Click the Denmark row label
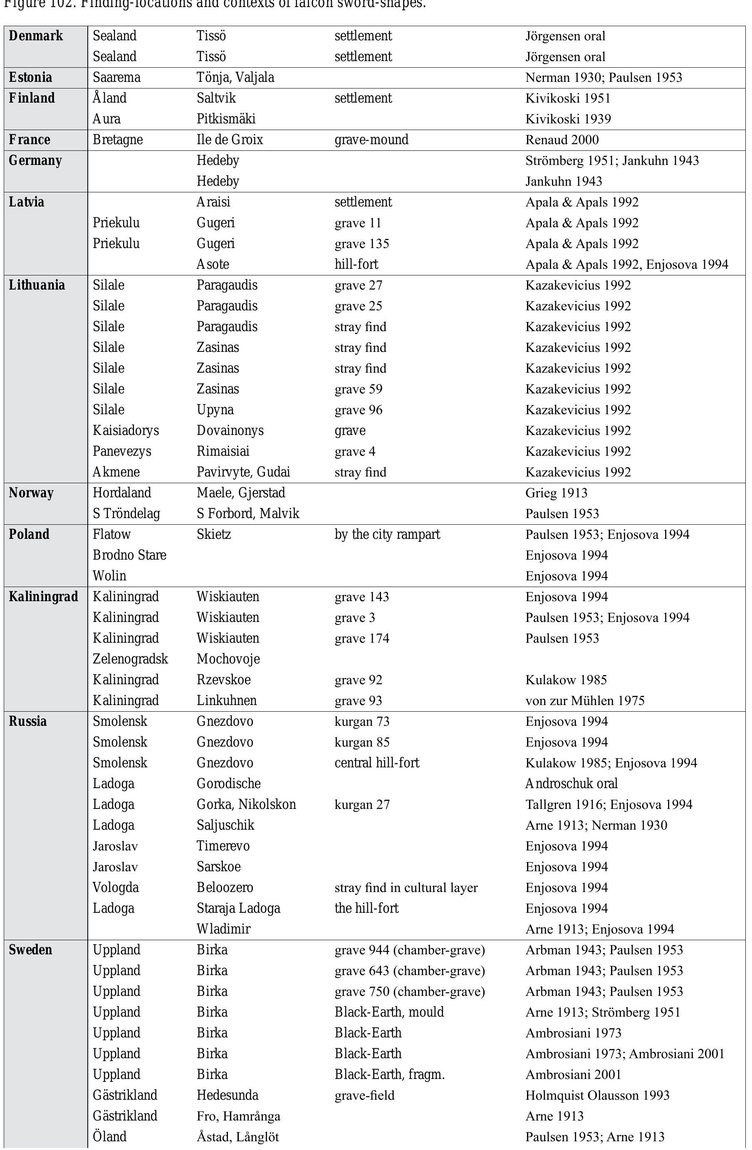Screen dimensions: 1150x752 36,36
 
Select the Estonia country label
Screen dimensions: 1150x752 30,78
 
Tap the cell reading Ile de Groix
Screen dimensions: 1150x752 229,140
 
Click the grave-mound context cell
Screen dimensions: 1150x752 371,140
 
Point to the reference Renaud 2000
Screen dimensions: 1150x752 562,140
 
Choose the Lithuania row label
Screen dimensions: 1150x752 37,285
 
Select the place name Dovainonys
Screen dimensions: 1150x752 230,430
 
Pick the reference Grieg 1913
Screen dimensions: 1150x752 556,493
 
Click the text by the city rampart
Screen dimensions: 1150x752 387,534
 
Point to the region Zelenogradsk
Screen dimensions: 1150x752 130,659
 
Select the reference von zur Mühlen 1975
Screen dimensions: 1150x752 585,700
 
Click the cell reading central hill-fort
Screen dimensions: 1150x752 377,763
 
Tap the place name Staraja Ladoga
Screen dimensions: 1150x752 238,908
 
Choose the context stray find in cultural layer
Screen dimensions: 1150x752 406,887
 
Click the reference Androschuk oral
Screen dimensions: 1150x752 571,784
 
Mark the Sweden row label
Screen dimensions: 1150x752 30,950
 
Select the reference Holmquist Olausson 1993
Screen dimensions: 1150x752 597,1096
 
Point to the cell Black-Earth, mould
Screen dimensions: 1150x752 389,1012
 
